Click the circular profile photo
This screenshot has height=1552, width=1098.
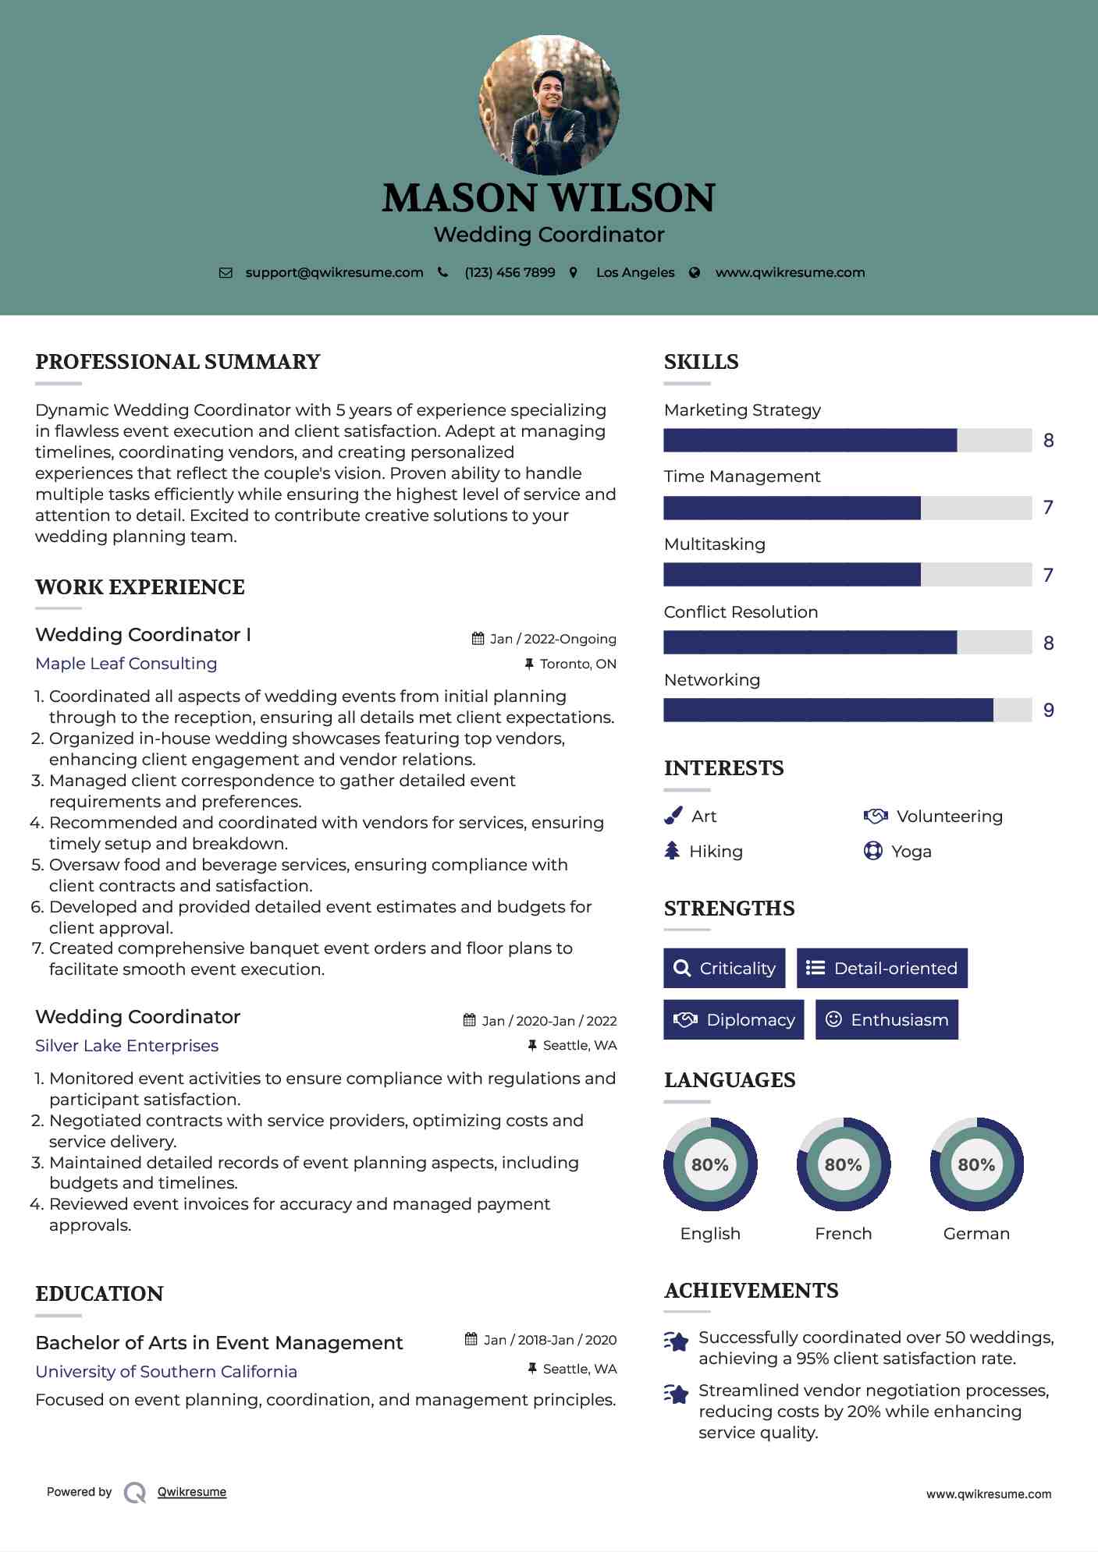pos(549,105)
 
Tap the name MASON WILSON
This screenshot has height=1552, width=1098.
pos(549,198)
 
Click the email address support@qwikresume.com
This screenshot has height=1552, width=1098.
pos(334,272)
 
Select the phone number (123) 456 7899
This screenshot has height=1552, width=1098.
pos(510,272)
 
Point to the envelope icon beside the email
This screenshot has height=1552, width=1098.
pos(226,273)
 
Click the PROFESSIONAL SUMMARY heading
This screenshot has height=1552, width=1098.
pos(178,362)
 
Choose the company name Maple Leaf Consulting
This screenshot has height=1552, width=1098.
pos(126,664)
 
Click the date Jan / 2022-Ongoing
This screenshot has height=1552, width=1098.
pos(553,639)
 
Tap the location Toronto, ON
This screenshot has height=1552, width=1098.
pos(577,664)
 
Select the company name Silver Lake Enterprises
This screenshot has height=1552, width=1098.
pos(126,1046)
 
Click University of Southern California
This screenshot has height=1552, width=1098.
pos(166,1372)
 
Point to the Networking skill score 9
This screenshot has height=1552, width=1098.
pos(1049,710)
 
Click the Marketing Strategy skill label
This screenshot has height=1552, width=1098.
pos(742,410)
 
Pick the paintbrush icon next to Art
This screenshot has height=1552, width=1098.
pos(673,816)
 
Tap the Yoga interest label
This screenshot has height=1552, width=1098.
pos(911,852)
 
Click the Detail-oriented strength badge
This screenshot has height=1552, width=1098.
pos(882,968)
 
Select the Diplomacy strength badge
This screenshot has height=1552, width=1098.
pos(734,1020)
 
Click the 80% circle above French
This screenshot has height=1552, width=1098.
pos(844,1164)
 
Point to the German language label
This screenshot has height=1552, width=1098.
pos(976,1234)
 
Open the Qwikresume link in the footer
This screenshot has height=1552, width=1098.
pos(192,1492)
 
